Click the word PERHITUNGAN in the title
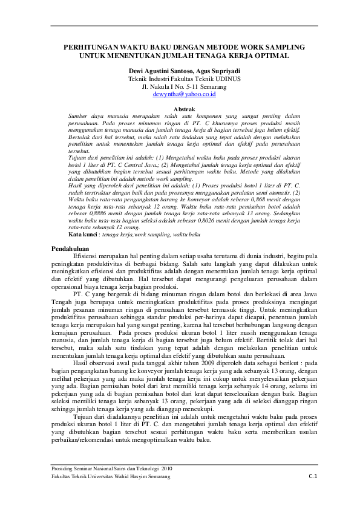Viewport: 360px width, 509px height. pos(89,47)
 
